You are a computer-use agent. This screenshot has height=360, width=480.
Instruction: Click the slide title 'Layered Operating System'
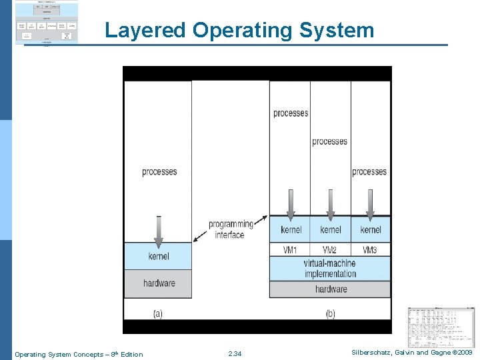239,30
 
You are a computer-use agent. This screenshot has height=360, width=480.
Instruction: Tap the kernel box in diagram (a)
158,256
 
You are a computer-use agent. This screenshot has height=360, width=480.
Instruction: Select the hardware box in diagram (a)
158,283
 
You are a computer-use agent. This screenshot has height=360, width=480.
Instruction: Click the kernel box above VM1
290,230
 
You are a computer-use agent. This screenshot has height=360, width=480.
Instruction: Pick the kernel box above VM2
331,230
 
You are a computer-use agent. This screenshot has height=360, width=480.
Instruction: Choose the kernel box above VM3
371,230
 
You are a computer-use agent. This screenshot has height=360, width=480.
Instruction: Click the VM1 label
290,250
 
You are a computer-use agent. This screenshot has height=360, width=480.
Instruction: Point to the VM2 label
330,250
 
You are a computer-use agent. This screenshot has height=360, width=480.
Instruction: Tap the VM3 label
370,250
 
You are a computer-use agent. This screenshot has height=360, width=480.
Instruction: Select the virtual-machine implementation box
330,269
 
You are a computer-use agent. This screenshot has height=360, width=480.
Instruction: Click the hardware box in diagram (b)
330,289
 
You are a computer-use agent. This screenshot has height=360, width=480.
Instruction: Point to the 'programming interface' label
231,229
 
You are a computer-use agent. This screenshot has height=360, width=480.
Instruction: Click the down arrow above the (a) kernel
158,230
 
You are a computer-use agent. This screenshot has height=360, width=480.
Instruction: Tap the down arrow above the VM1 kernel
290,204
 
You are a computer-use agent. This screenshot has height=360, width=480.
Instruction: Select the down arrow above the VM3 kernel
371,204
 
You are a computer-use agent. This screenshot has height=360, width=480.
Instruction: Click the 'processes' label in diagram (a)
159,172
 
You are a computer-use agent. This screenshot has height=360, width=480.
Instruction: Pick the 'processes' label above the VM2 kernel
330,141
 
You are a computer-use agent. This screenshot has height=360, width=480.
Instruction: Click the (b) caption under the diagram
330,313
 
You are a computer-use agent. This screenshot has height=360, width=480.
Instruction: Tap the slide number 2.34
235,354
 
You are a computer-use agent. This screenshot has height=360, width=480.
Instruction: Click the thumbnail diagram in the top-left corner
47,23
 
